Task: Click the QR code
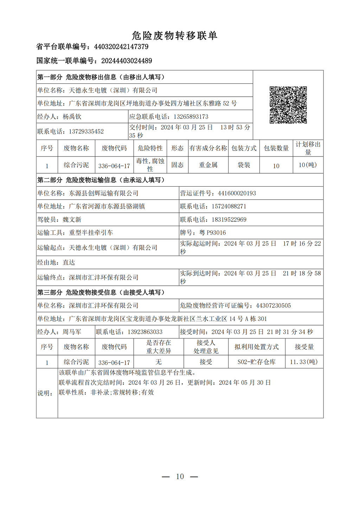(288, 105)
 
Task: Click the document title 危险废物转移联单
(175, 36)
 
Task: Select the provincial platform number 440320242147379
(121, 47)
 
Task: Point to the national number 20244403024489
(127, 61)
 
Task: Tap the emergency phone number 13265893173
(191, 117)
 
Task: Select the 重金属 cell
(208, 165)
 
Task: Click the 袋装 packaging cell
(244, 165)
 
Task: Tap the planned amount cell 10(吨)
(308, 165)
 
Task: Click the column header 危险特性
(150, 148)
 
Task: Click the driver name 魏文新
(72, 220)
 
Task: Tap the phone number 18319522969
(229, 220)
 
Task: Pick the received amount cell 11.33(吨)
(304, 362)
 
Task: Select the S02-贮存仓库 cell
(257, 362)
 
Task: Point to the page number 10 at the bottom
(180, 477)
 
